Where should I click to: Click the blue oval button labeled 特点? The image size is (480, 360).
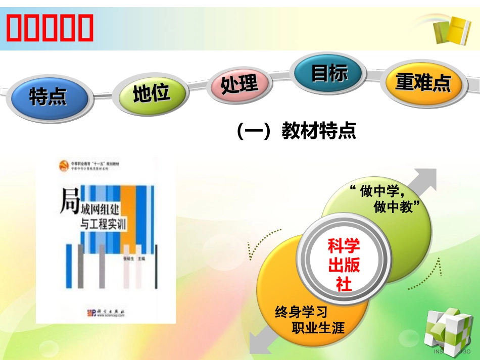click(x=49, y=97)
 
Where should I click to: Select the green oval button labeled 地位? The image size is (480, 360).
click(x=151, y=93)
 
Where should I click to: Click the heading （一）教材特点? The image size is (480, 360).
click(x=296, y=131)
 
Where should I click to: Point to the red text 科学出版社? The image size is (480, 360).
click(x=344, y=265)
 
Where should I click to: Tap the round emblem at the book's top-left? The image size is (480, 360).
click(x=63, y=165)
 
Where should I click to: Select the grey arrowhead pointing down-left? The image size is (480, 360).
click(x=259, y=340)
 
